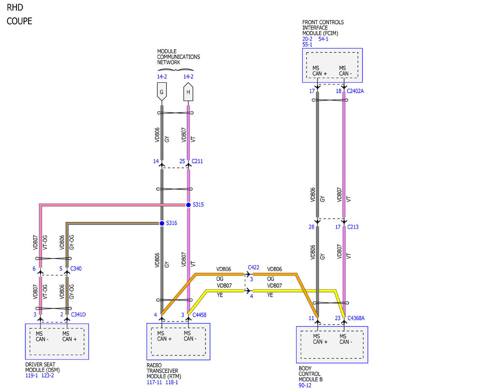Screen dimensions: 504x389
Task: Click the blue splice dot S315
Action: [188, 205]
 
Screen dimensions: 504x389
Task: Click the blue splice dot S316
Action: [162, 223]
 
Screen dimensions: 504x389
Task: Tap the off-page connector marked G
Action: [162, 91]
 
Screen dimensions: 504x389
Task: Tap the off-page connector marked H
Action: [188, 92]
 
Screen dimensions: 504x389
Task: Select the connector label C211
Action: [197, 161]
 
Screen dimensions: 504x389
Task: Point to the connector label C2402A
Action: [355, 91]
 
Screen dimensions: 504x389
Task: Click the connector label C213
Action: [353, 227]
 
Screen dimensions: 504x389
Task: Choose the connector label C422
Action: [254, 267]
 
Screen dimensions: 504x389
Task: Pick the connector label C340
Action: [76, 269]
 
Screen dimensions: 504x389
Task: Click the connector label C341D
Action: [79, 314]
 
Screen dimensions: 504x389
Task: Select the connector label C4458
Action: [199, 315]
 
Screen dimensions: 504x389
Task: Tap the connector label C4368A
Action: [356, 318]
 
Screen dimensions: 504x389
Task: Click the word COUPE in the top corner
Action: [19, 21]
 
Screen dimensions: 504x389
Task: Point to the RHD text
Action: [15, 8]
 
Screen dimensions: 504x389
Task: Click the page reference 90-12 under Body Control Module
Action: [305, 385]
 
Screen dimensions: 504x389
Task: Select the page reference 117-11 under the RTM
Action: [154, 382]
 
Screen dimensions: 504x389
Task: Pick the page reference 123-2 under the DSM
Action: [47, 375]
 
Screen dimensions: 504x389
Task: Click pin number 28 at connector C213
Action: [312, 227]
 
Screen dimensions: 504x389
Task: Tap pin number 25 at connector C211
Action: [182, 161]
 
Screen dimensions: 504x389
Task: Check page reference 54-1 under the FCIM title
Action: [323, 39]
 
